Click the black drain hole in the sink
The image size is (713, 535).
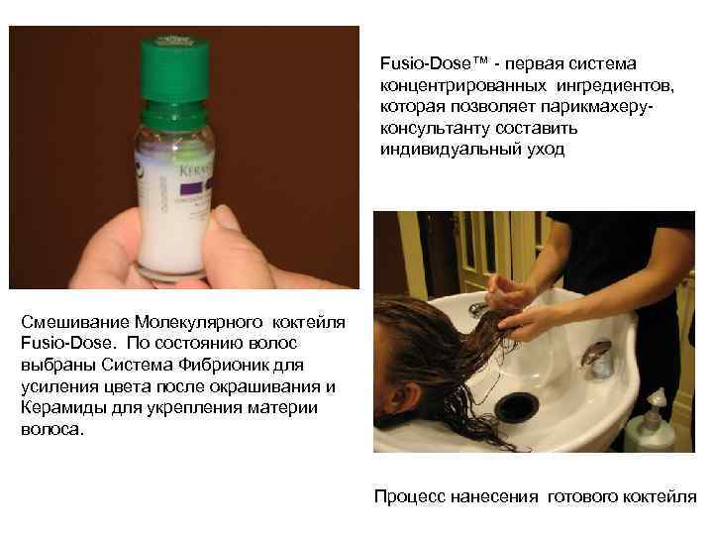pos(516,406)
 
